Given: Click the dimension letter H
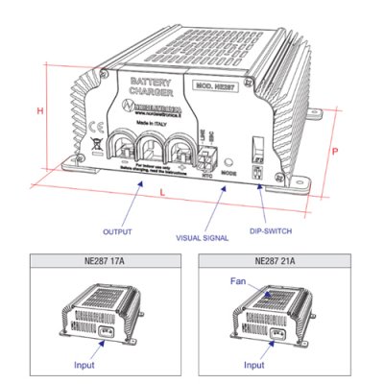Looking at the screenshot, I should tap(40, 111).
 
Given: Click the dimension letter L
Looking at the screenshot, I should tap(160, 195).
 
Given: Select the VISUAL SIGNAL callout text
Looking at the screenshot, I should tap(203, 237).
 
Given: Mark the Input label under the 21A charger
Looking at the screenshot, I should tap(253, 366).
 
